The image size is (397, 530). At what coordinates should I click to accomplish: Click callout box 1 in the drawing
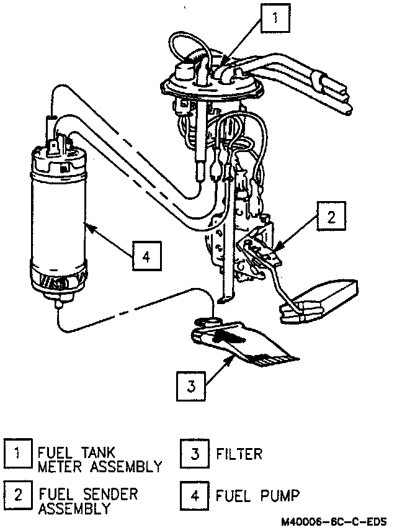275,18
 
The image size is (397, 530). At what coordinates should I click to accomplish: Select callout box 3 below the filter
192,387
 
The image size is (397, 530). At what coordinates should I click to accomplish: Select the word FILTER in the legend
239,454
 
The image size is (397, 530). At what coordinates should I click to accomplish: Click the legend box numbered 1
18,454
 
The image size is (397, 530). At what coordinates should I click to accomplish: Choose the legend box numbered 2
18,495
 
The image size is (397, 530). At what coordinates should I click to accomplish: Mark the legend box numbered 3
194,454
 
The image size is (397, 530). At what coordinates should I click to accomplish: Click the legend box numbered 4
194,495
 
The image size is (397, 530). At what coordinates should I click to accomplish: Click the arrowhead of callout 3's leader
234,356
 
